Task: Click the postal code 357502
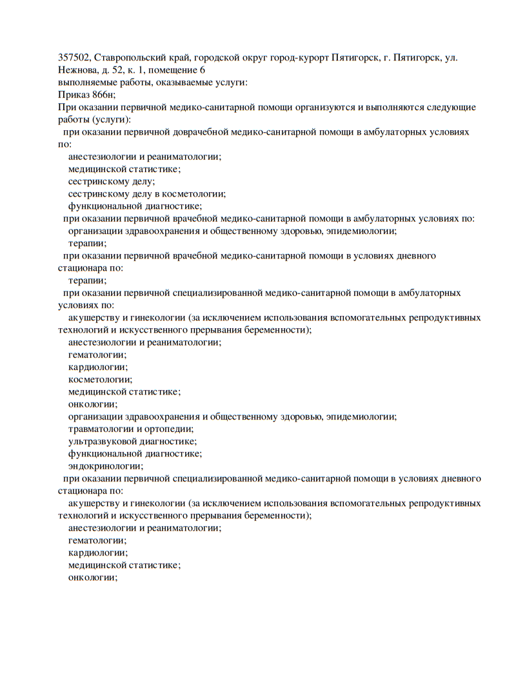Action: pyautogui.click(x=74, y=58)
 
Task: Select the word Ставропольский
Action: pyautogui.click(x=126, y=58)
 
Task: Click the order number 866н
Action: pyautogui.click(x=103, y=95)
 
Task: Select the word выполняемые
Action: pyautogui.click(x=84, y=83)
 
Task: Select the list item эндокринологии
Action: pyautogui.click(x=106, y=465)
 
